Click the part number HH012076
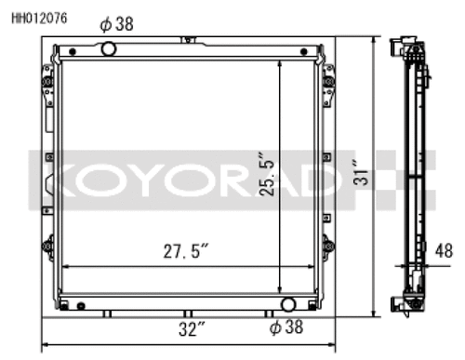(39, 19)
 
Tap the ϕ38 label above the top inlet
(116, 24)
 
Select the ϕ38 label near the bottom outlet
(286, 327)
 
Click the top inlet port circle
(109, 48)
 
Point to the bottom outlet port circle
(288, 304)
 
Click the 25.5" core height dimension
(267, 174)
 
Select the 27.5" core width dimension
(186, 251)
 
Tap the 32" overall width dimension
(192, 329)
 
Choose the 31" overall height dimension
(360, 172)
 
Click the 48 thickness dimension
(444, 250)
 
